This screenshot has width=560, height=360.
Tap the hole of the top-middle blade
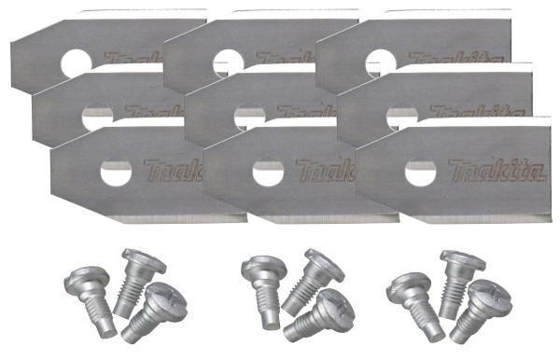228,62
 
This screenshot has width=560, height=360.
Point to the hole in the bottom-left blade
116,172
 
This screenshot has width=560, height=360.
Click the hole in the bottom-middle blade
268,172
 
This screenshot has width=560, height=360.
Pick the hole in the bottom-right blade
420,172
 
